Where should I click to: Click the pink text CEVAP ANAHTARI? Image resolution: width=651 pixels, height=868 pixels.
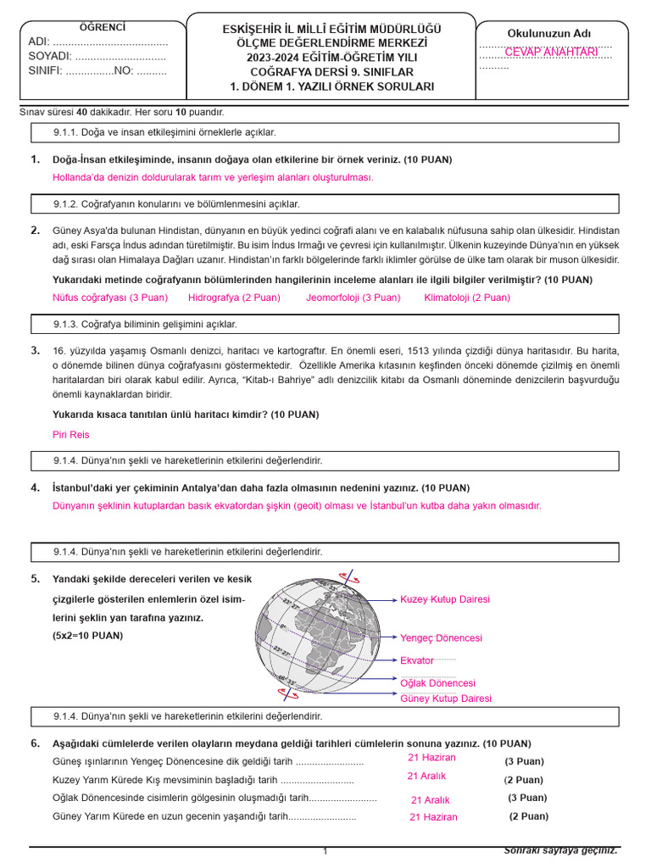tap(551, 53)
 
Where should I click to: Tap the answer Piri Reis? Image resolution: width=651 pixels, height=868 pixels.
tap(70, 435)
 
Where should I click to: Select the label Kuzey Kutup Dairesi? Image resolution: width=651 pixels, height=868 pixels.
tap(445, 599)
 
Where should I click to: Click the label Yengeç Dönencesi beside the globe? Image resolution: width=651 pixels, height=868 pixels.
tap(441, 637)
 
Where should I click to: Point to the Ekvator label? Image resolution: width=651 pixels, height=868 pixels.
tap(417, 660)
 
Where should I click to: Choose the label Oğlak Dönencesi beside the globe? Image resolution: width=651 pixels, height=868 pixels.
tap(437, 683)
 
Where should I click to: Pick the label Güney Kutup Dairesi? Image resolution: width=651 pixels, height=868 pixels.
tap(446, 698)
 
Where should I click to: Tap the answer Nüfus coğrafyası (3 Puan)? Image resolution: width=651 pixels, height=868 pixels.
tap(110, 298)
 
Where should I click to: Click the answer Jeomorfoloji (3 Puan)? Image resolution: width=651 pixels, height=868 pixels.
tap(353, 298)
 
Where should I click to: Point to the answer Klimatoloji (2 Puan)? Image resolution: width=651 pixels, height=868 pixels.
tap(467, 298)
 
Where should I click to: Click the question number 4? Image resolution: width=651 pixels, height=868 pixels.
tap(35, 487)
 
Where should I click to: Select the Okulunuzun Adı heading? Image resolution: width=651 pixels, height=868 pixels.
tap(549, 34)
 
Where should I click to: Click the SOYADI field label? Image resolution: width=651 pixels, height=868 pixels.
tap(49, 56)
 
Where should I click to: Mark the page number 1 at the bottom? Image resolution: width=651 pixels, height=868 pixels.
tap(325, 851)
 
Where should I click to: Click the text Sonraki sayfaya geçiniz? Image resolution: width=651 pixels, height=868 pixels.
tap(561, 850)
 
